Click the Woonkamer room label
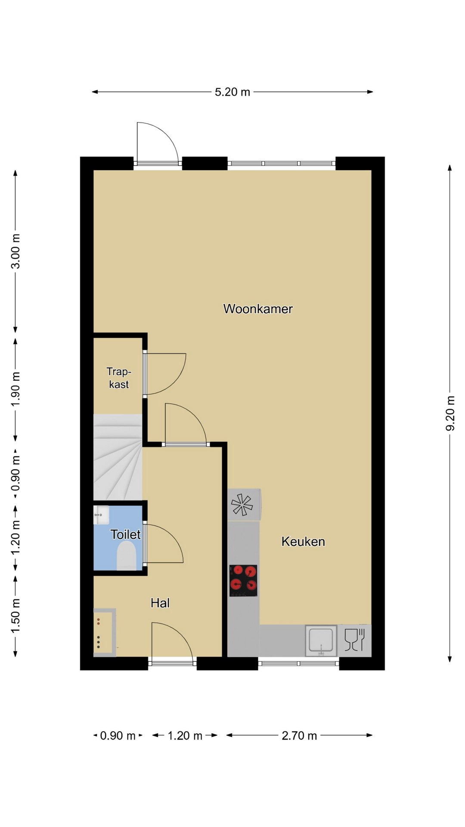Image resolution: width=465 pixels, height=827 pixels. tap(258, 309)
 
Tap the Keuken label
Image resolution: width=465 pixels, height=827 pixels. tap(303, 541)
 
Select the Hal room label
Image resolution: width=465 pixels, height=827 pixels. tap(160, 603)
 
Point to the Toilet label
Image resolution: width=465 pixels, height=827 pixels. tap(125, 535)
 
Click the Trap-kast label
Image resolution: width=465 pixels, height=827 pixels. tap(119, 378)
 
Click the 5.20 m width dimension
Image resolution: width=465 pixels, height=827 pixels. tap(232, 92)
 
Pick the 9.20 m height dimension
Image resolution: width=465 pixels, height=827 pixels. tap(450, 413)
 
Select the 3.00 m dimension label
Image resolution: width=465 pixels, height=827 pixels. tap(15, 252)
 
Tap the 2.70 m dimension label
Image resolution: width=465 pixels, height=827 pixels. tap(299, 735)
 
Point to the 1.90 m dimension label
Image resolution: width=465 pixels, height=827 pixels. tap(15, 389)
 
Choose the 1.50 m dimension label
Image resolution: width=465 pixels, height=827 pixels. tap(15, 616)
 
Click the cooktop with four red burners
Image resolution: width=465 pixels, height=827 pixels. tap(243, 581)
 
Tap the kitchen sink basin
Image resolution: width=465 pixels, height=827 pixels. tap(321, 640)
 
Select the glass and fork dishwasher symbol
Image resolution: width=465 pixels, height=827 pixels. tap(355, 640)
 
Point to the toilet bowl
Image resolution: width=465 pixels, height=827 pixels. tap(127, 556)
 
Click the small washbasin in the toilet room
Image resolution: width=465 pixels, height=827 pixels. tap(101, 515)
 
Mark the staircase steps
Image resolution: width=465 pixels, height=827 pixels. tap(118, 457)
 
